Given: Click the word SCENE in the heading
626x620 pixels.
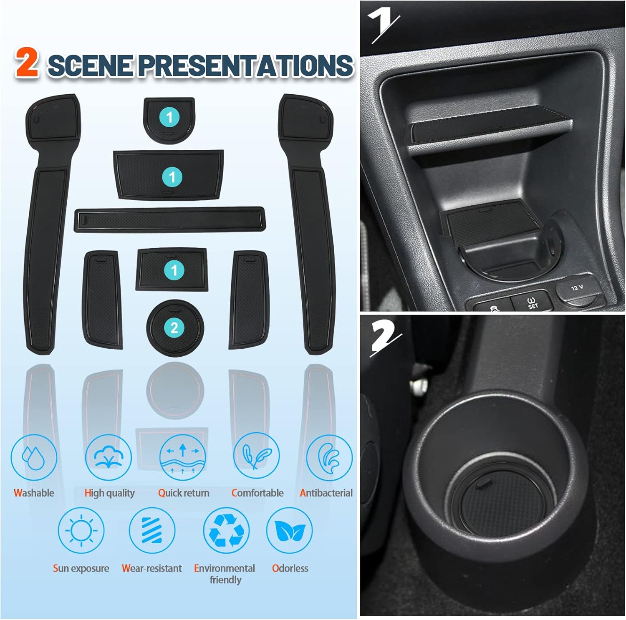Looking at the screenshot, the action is [x=90, y=66].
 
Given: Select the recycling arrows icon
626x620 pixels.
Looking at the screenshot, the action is [x=226, y=530].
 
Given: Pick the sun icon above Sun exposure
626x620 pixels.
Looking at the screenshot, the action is [x=81, y=530].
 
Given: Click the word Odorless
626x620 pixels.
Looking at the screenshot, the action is [x=290, y=568].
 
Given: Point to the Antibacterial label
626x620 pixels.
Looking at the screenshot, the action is [x=326, y=493].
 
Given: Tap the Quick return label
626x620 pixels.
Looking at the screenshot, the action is [x=184, y=493].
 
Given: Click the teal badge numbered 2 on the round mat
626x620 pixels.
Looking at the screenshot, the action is [x=174, y=328].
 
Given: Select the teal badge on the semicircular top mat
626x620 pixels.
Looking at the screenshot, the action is [x=169, y=117].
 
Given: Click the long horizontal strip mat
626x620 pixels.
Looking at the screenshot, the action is [x=169, y=219].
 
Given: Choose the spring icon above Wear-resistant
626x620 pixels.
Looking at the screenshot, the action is [x=152, y=530].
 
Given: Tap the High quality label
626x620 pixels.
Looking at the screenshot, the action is [x=109, y=493].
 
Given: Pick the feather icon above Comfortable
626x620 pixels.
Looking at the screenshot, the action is [x=256, y=456].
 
